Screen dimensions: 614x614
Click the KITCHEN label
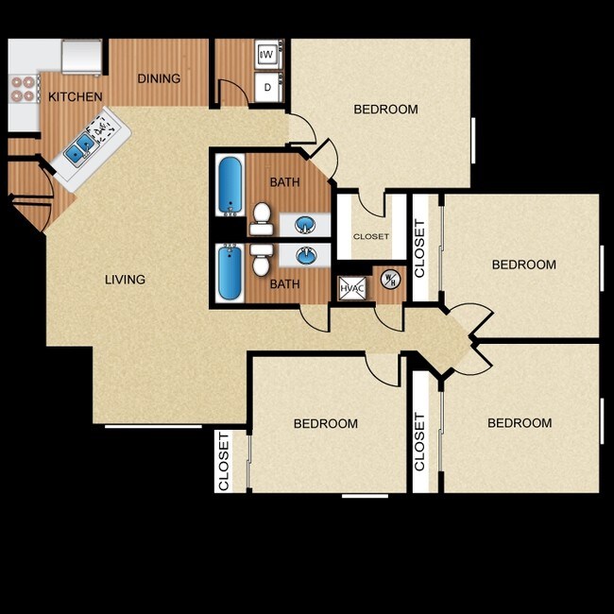tap(76, 96)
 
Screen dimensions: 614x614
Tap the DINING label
tap(159, 78)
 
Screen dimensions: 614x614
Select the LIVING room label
tap(125, 280)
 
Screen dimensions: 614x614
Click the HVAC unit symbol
tap(351, 286)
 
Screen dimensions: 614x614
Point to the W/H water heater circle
tap(389, 280)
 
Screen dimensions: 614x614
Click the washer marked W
tap(267, 55)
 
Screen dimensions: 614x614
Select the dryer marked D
tap(267, 88)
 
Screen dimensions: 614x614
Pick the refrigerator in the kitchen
tap(82, 55)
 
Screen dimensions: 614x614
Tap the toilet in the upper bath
tap(262, 217)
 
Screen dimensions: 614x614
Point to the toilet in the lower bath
tap(262, 258)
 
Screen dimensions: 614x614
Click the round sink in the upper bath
tap(305, 224)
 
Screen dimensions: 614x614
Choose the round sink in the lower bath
tap(305, 255)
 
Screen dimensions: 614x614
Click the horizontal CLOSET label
tap(370, 236)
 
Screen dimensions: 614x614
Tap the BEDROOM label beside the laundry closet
tap(385, 110)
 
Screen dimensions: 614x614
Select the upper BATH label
tap(284, 181)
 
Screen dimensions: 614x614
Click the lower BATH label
tap(284, 283)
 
